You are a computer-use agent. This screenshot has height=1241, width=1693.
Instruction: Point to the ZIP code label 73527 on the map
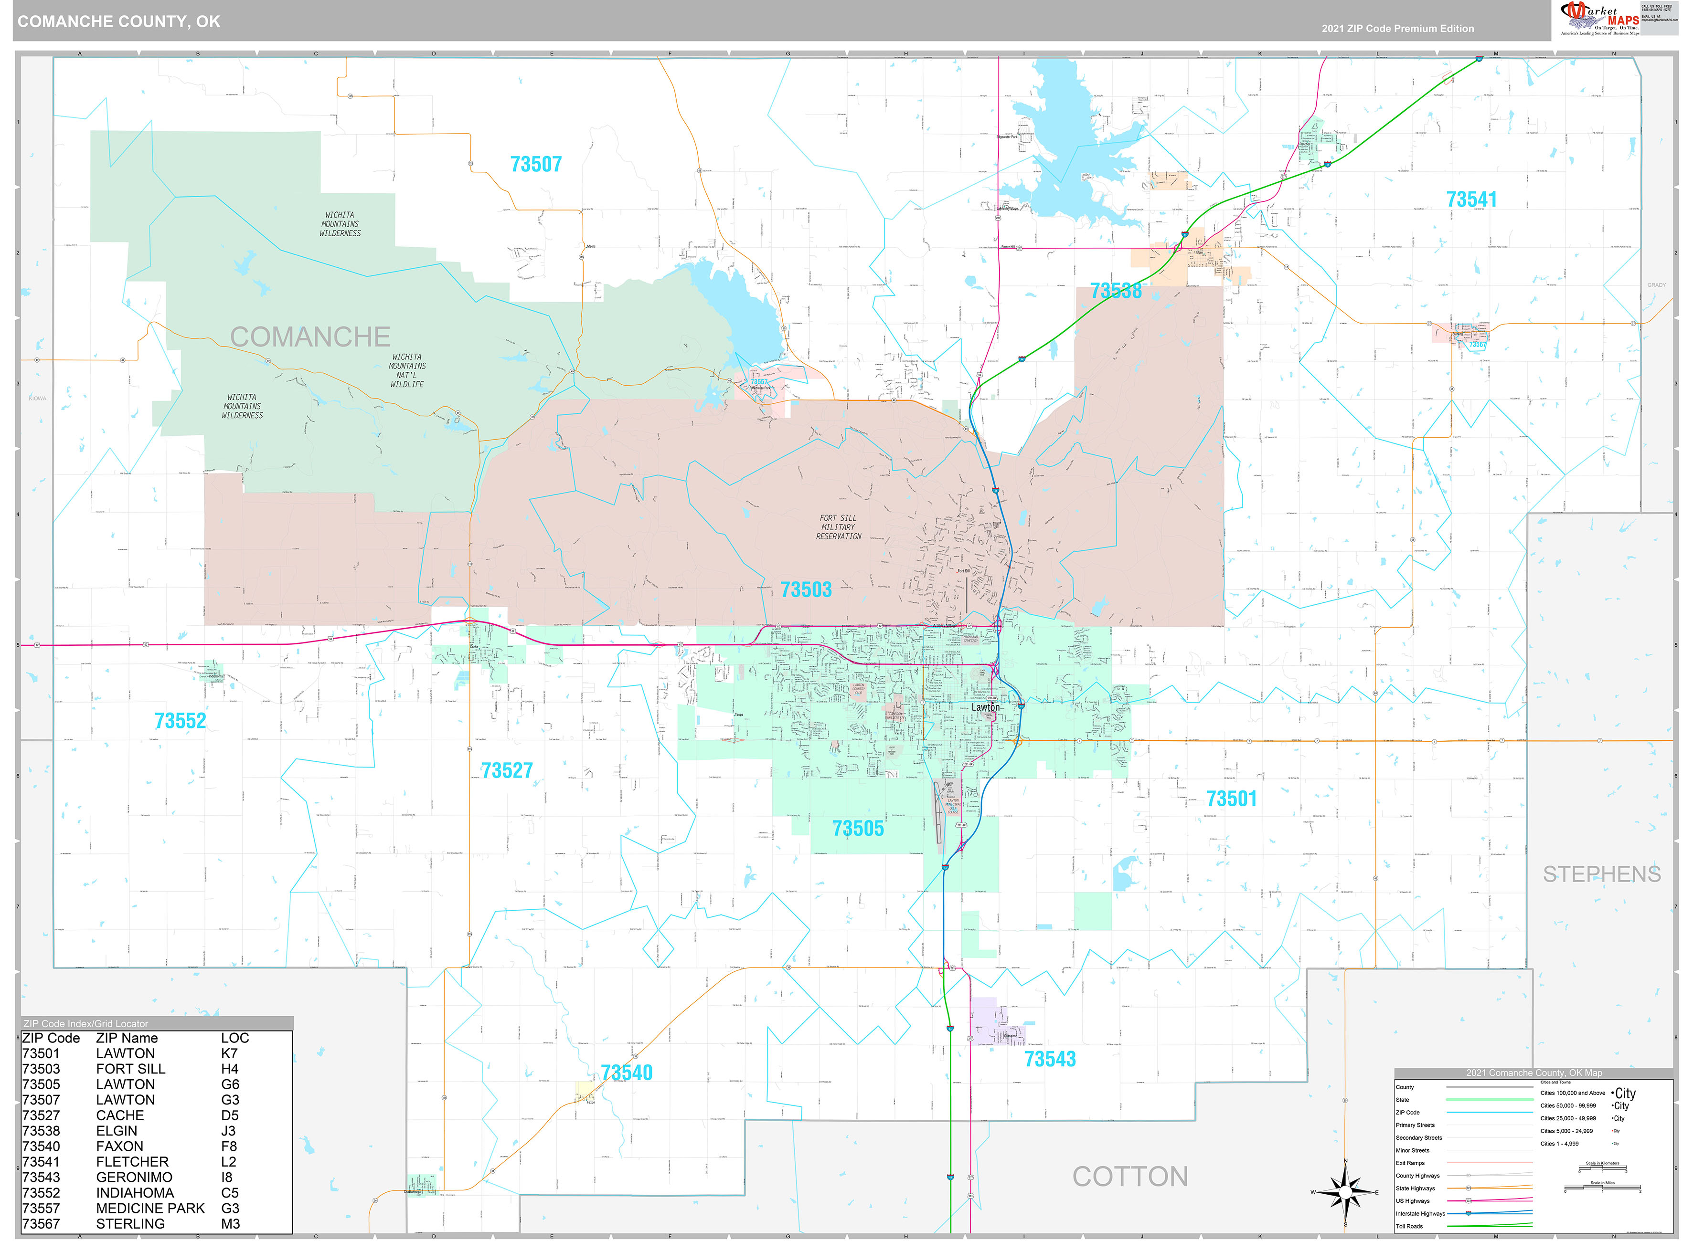(507, 771)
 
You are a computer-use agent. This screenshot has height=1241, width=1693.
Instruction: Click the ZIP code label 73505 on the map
(857, 829)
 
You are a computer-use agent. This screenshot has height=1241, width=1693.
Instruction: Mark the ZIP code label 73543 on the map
(1050, 1059)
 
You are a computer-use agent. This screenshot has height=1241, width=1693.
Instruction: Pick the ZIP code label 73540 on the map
(627, 1073)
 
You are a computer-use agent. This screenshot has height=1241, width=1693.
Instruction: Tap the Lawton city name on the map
(985, 708)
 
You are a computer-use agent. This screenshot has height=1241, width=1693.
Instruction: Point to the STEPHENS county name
(1601, 874)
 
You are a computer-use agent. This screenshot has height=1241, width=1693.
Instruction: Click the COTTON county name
(1129, 1177)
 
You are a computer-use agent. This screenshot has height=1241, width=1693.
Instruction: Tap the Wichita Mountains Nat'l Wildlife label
(406, 370)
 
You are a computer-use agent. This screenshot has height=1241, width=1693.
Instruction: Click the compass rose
(1345, 1193)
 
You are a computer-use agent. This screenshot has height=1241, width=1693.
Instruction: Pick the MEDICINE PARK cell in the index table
(150, 1208)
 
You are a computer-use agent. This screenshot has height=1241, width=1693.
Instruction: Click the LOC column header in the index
(234, 1038)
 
